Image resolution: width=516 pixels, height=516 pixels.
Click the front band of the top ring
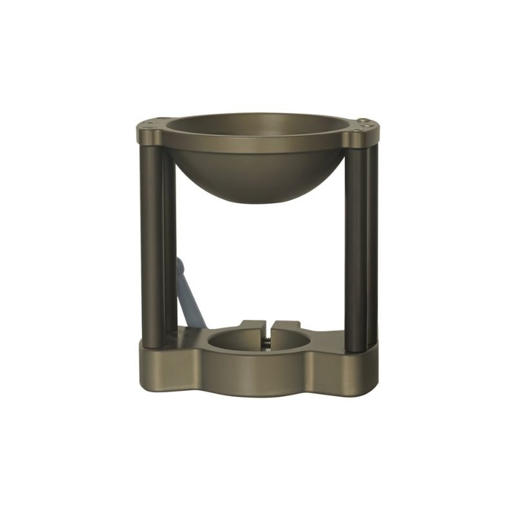point(258,144)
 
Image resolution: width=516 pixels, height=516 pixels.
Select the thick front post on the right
point(355,245)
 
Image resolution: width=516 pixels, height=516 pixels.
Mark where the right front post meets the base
point(355,349)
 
